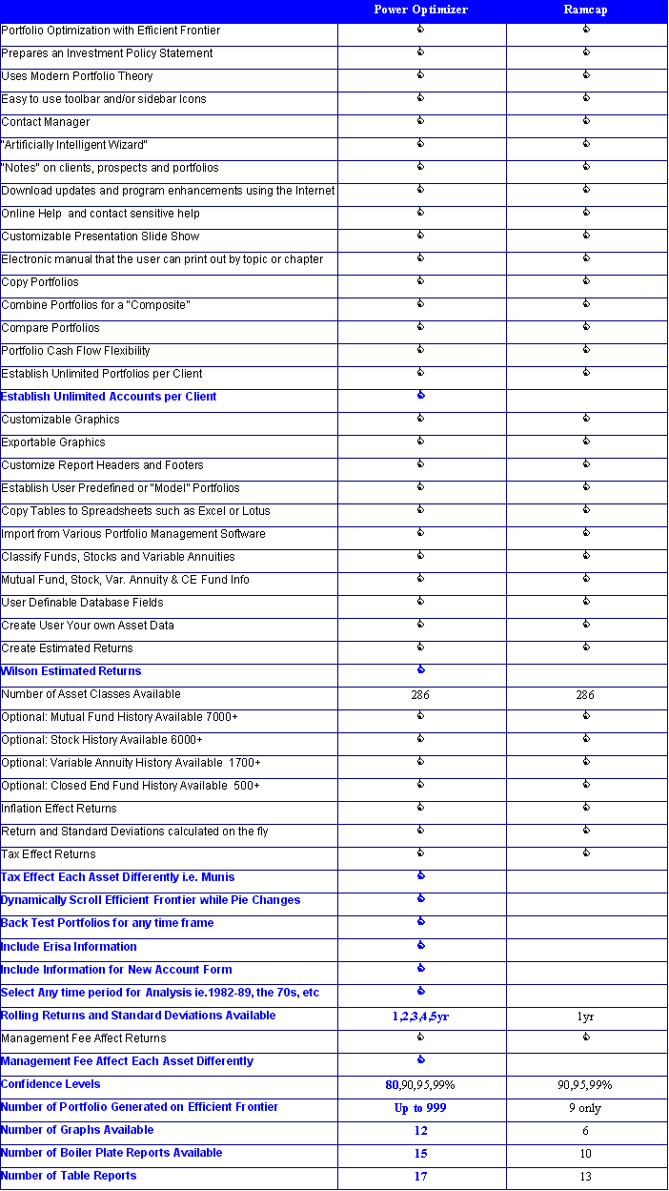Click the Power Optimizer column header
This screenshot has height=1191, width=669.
point(420,10)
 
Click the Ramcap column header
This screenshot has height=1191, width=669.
point(585,10)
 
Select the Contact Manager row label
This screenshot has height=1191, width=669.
point(46,122)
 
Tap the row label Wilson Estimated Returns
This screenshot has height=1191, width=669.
point(71,671)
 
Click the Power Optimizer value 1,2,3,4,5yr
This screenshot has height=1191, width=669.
point(420,1016)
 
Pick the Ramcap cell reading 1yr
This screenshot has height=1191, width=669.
point(585,1016)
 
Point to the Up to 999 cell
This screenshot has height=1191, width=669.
point(420,1108)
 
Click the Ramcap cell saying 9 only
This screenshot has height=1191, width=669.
point(585,1108)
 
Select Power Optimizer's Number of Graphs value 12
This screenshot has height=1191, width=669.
point(420,1131)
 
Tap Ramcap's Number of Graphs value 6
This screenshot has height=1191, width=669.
point(585,1131)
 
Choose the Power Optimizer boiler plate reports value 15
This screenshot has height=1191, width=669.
point(420,1154)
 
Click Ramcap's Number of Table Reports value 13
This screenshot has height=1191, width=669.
point(585,1177)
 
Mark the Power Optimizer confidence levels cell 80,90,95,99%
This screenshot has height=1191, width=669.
point(420,1085)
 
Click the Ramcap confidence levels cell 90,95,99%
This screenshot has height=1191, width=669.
point(585,1085)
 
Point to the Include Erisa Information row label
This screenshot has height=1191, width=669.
point(69,947)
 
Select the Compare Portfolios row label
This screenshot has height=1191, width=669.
point(51,328)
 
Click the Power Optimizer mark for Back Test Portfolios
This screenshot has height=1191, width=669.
point(420,922)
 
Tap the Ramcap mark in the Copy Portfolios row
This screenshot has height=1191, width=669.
point(585,281)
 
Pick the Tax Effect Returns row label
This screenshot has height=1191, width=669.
point(49,854)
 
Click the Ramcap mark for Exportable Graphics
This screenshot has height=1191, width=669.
point(585,441)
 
